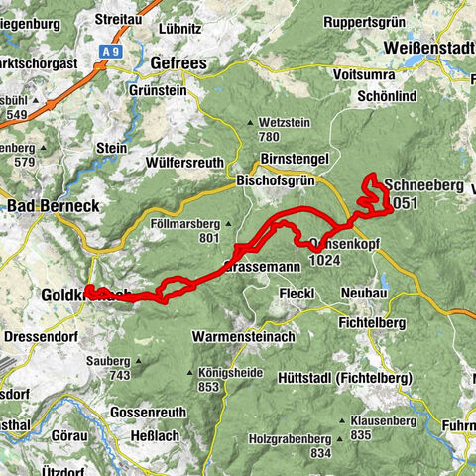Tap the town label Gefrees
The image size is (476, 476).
click(177, 62)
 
